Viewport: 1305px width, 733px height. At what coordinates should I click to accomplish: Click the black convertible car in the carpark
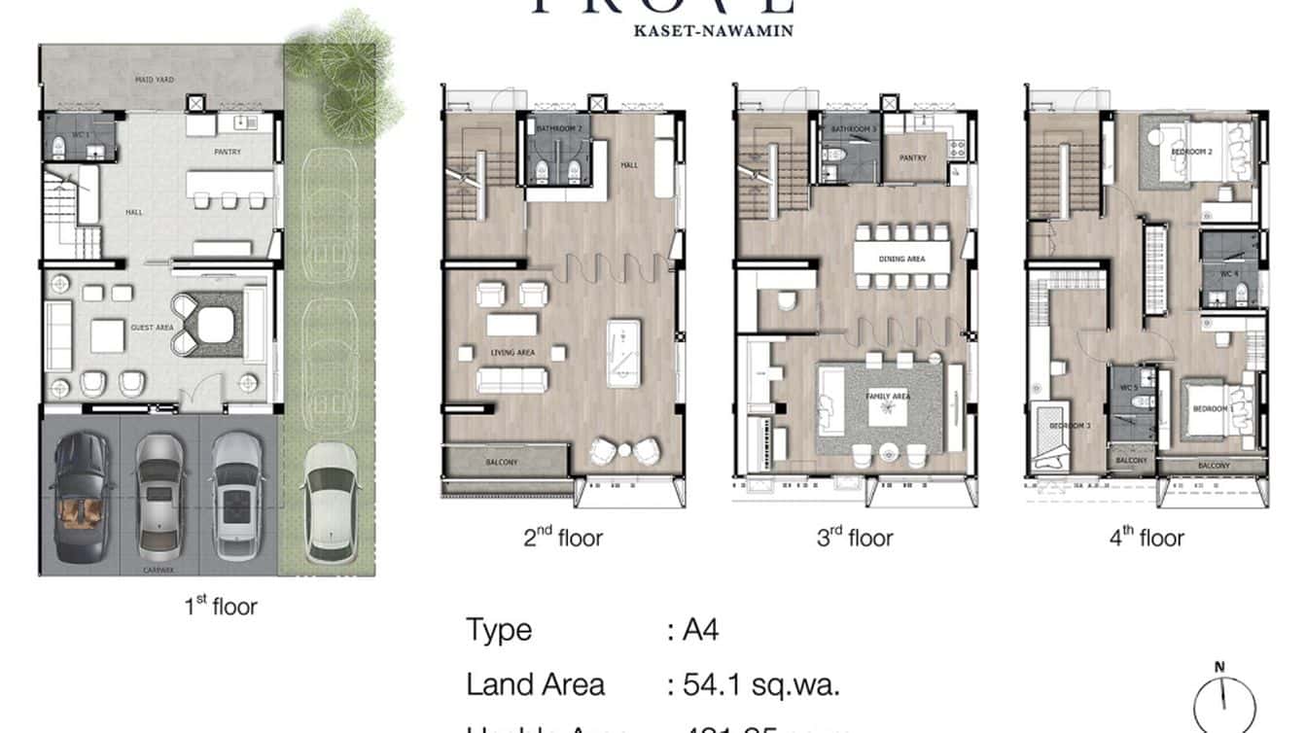pyautogui.click(x=81, y=498)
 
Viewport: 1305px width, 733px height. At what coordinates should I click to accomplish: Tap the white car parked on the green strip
pyautogui.click(x=328, y=503)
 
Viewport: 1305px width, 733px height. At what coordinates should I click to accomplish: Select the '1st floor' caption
pyautogui.click(x=221, y=608)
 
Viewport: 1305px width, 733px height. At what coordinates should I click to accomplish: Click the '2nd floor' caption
pyautogui.click(x=563, y=538)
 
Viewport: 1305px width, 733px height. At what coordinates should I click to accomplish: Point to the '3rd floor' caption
pyautogui.click(x=854, y=538)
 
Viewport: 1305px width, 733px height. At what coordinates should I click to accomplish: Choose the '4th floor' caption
pyautogui.click(x=1146, y=538)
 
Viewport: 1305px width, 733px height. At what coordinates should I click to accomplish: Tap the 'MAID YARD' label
pyautogui.click(x=154, y=80)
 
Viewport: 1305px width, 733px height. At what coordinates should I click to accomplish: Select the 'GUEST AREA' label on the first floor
pyautogui.click(x=152, y=328)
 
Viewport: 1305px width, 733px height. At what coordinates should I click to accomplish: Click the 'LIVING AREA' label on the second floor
pyautogui.click(x=512, y=352)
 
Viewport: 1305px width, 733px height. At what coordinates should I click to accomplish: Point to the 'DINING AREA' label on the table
pyautogui.click(x=902, y=259)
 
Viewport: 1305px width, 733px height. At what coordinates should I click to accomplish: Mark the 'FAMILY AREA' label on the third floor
pyautogui.click(x=887, y=397)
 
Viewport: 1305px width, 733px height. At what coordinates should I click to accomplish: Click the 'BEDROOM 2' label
pyautogui.click(x=1190, y=153)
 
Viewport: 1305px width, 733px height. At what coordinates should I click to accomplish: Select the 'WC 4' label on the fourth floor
pyautogui.click(x=1229, y=274)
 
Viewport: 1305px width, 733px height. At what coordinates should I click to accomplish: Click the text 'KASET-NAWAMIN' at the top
pyautogui.click(x=713, y=30)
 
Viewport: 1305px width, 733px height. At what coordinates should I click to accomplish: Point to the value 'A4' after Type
pyautogui.click(x=700, y=630)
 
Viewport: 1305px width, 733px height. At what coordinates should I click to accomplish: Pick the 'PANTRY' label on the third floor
pyautogui.click(x=912, y=157)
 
